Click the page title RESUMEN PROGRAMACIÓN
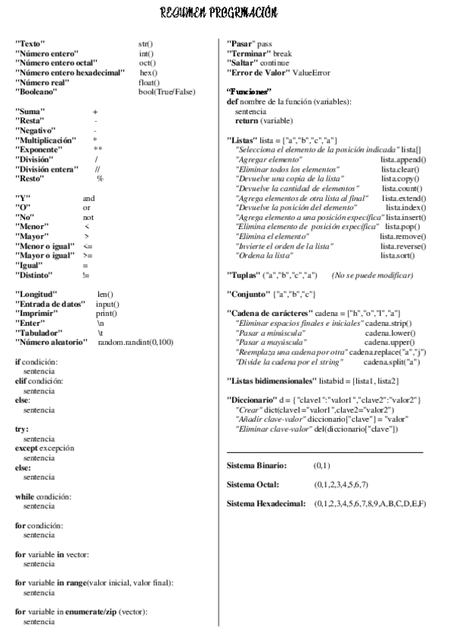tap(219, 13)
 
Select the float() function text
tap(149, 82)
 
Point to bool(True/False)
tap(167, 92)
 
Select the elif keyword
tap(22, 382)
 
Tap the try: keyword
tap(23, 429)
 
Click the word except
tap(29, 448)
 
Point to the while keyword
tap(26, 497)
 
